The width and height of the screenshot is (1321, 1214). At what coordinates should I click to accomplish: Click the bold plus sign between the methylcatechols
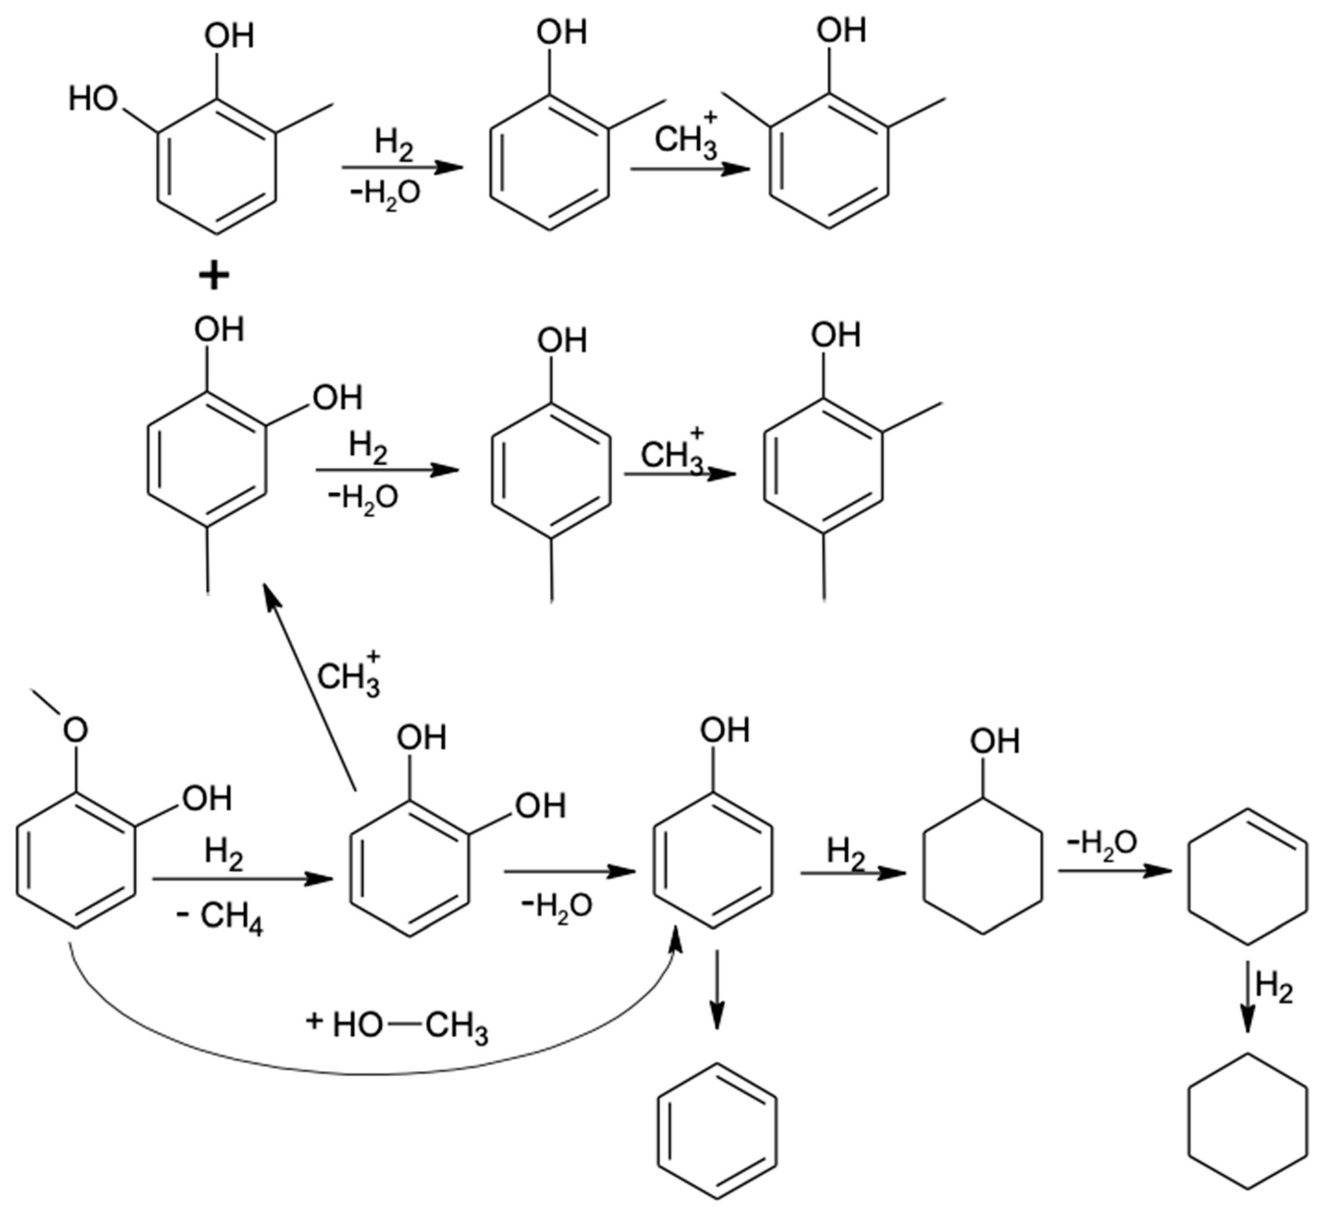[x=214, y=277]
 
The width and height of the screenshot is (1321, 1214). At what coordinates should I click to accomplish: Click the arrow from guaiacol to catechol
[x=240, y=879]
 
